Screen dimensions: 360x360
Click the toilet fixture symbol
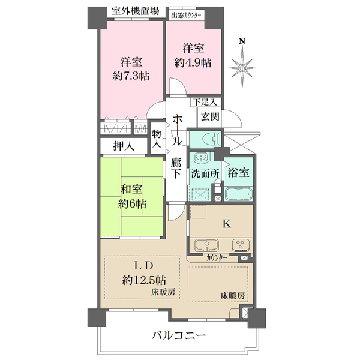(x=212, y=139)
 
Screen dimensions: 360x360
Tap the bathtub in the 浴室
(x=239, y=194)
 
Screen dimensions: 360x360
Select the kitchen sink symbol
(x=207, y=245)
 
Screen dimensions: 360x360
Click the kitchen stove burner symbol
(x=241, y=245)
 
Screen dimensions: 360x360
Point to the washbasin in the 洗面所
(x=202, y=157)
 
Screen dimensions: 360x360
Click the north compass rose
(x=242, y=67)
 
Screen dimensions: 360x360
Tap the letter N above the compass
(x=242, y=41)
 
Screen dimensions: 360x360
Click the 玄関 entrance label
(x=210, y=117)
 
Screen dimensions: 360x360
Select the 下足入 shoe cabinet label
(x=205, y=102)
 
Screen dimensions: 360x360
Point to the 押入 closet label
(x=124, y=146)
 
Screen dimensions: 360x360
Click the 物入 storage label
(x=157, y=139)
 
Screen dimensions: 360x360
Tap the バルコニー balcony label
(x=179, y=335)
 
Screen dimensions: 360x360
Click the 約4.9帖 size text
(x=193, y=62)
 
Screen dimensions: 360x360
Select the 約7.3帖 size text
(x=131, y=76)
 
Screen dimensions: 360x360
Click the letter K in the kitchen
(x=227, y=224)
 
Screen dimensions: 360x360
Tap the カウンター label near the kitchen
(x=217, y=258)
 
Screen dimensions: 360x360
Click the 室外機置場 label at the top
(x=136, y=11)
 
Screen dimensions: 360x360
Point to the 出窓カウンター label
(x=186, y=16)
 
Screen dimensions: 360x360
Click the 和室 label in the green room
(x=131, y=189)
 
